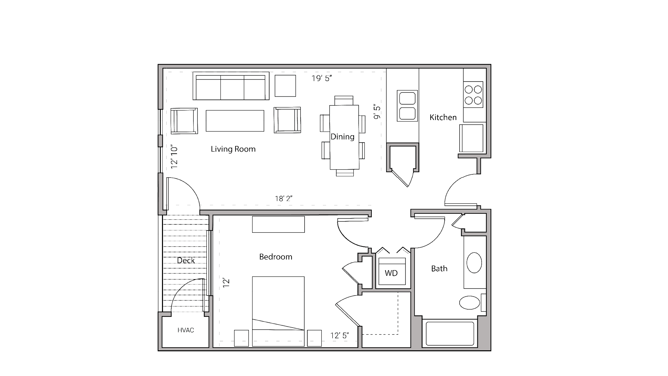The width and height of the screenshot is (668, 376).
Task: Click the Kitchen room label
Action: [x=443, y=118]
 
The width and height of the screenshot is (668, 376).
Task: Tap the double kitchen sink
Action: [x=407, y=106]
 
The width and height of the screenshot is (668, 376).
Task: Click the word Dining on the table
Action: [x=342, y=137]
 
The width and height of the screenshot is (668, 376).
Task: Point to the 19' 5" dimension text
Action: [x=322, y=78]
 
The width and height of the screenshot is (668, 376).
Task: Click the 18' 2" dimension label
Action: [x=284, y=199]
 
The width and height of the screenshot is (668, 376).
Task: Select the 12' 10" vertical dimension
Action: [x=174, y=157]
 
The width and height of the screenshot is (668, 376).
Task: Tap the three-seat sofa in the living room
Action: [x=231, y=86]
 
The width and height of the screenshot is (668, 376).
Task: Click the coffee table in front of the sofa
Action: [x=235, y=121]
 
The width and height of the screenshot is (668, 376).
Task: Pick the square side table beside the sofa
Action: [x=285, y=86]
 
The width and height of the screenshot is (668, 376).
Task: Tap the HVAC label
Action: [x=186, y=330]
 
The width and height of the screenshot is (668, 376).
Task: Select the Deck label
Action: [x=186, y=260]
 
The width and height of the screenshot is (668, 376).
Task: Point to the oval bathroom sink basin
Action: [x=474, y=263]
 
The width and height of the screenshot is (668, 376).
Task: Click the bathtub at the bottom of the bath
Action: [x=450, y=333]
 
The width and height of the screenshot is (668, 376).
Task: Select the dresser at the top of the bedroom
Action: [x=278, y=224]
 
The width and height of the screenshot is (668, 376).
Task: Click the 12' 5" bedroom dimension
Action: [x=340, y=336]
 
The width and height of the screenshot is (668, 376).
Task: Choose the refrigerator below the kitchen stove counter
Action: [x=471, y=138]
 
